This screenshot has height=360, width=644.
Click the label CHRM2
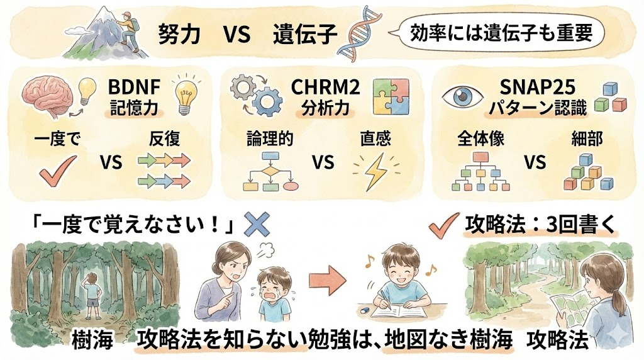(x=326, y=87)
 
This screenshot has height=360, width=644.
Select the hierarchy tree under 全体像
(x=481, y=171)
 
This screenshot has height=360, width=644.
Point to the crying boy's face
(x=273, y=284)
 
